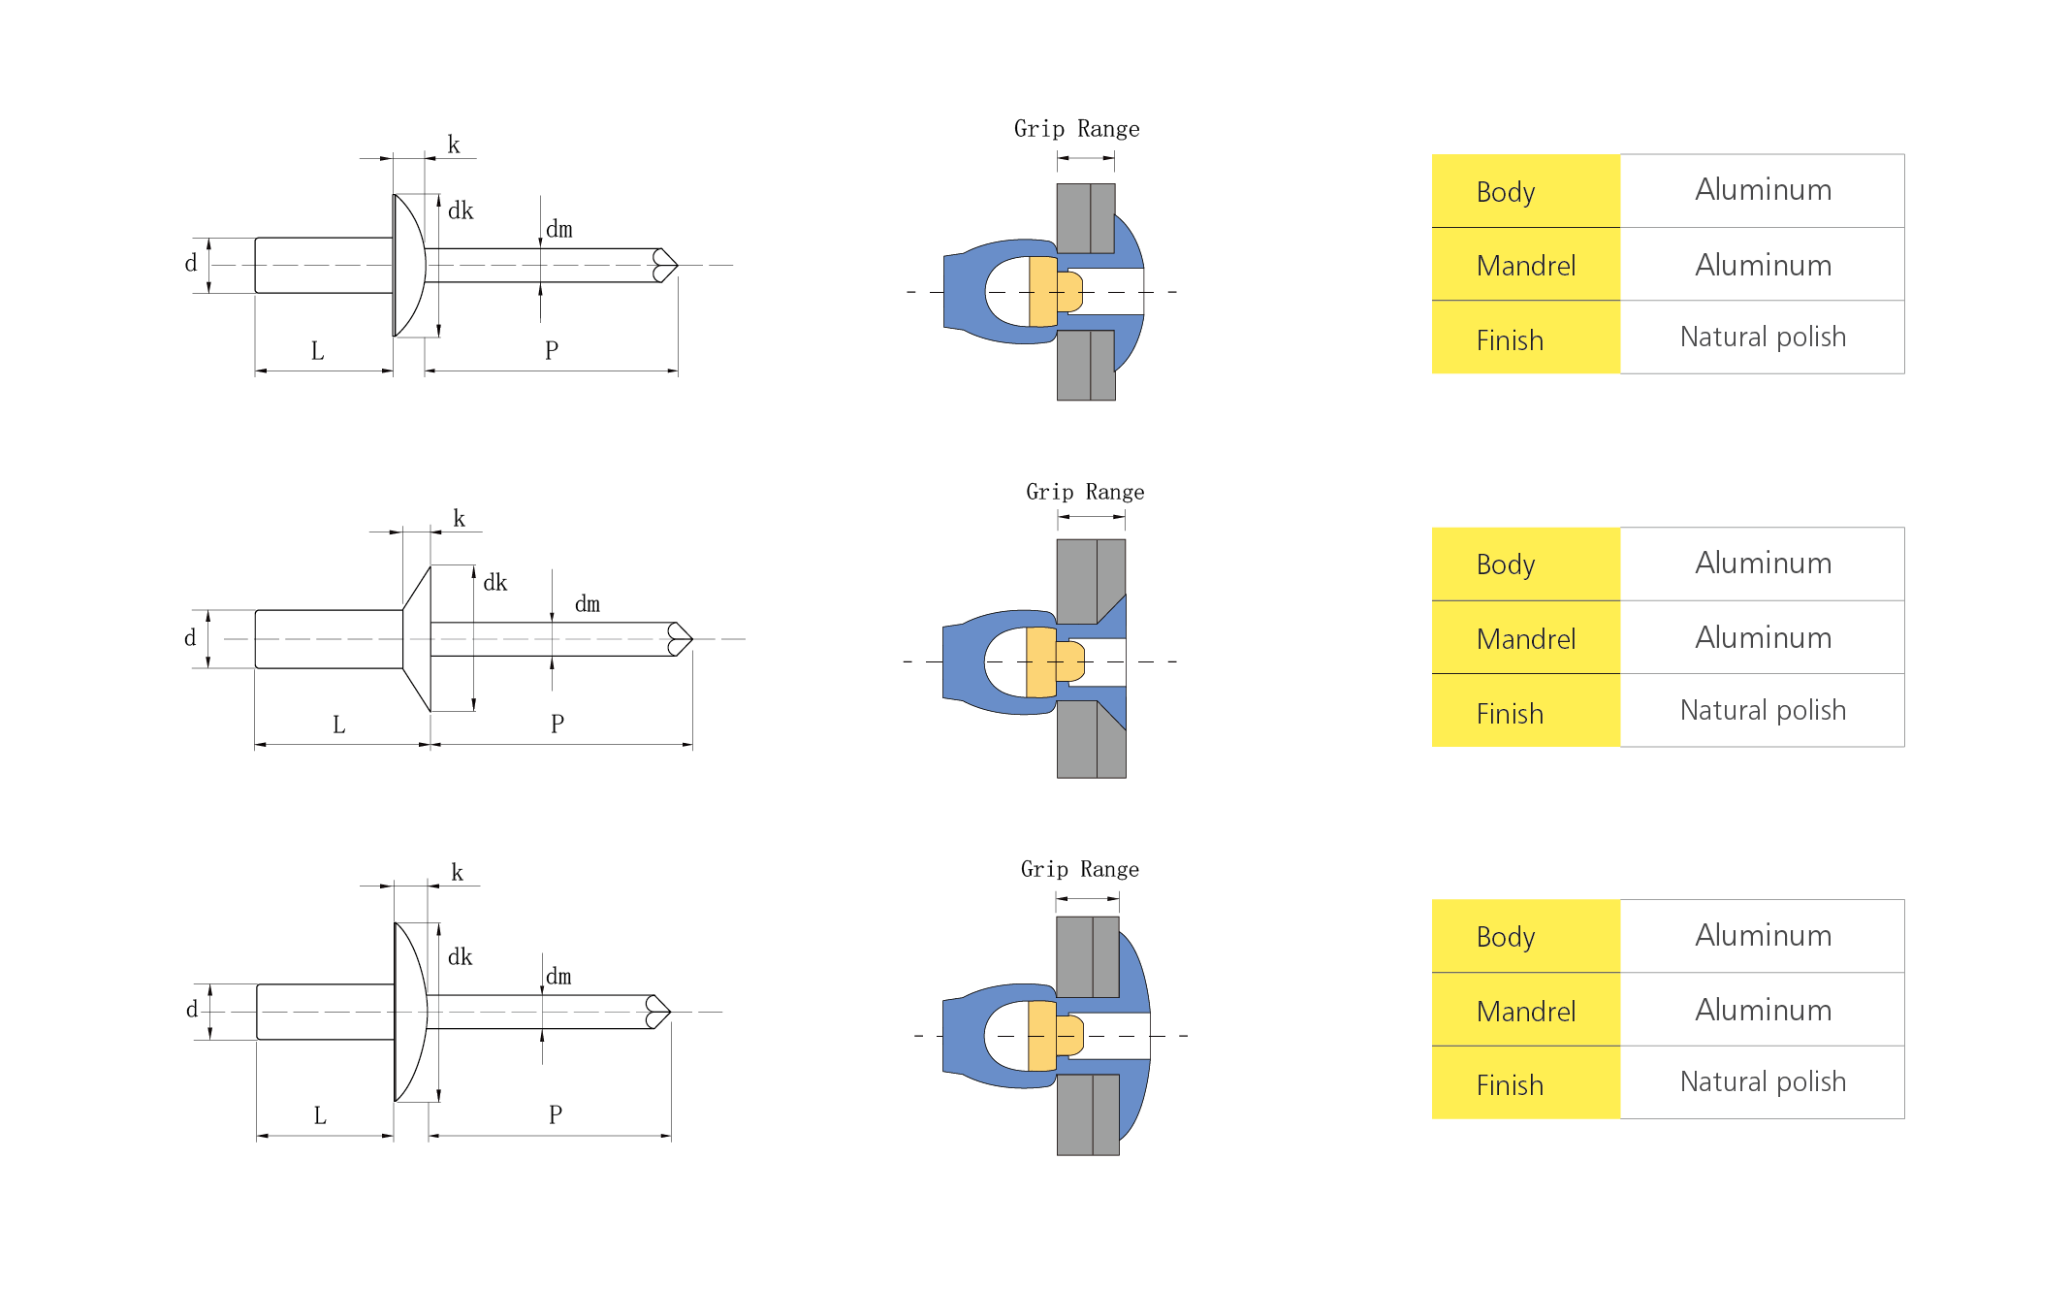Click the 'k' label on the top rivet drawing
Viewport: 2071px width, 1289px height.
(453, 145)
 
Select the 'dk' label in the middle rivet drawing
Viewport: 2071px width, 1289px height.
(494, 582)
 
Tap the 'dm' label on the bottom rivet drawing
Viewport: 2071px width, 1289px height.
(558, 976)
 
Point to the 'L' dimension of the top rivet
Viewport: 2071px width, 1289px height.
(317, 351)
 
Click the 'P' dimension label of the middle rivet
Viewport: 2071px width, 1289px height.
(558, 724)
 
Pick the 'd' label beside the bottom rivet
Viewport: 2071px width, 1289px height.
(192, 1009)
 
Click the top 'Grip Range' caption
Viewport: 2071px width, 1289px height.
(1076, 129)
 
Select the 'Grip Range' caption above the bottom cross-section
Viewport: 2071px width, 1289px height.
(1079, 869)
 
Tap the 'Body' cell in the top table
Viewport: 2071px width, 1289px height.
(1526, 191)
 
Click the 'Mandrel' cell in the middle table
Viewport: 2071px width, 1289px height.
(1526, 638)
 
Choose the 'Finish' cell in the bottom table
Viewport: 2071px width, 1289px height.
(1526, 1083)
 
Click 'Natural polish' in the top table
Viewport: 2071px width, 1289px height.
(1763, 337)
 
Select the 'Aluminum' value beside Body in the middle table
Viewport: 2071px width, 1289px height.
(1763, 563)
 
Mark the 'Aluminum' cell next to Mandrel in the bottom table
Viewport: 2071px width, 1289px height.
(1763, 1010)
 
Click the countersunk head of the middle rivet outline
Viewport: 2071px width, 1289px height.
(417, 638)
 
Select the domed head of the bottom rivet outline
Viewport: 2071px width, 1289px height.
(409, 1012)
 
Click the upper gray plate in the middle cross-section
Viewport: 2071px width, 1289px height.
(1091, 581)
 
